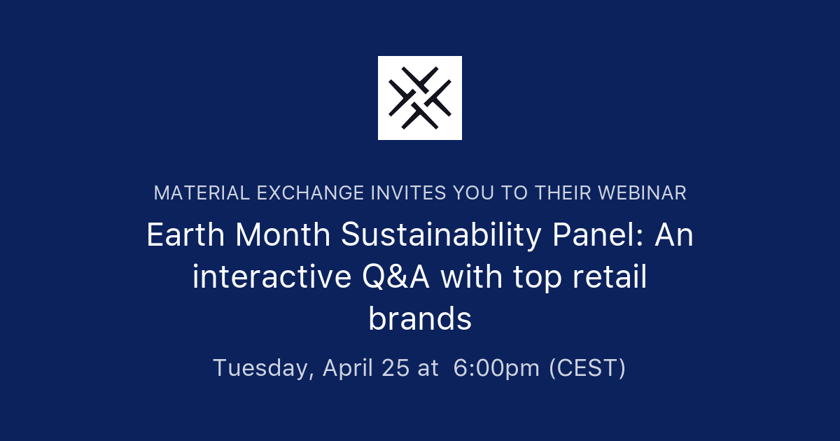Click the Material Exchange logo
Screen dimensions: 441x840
[420, 98]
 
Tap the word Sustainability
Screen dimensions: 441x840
[441, 236]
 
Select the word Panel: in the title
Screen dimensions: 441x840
[598, 236]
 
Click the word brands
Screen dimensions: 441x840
[420, 320]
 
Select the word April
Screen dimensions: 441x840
[348, 367]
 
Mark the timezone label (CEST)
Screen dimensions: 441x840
[587, 367]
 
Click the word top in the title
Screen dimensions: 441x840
[537, 278]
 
